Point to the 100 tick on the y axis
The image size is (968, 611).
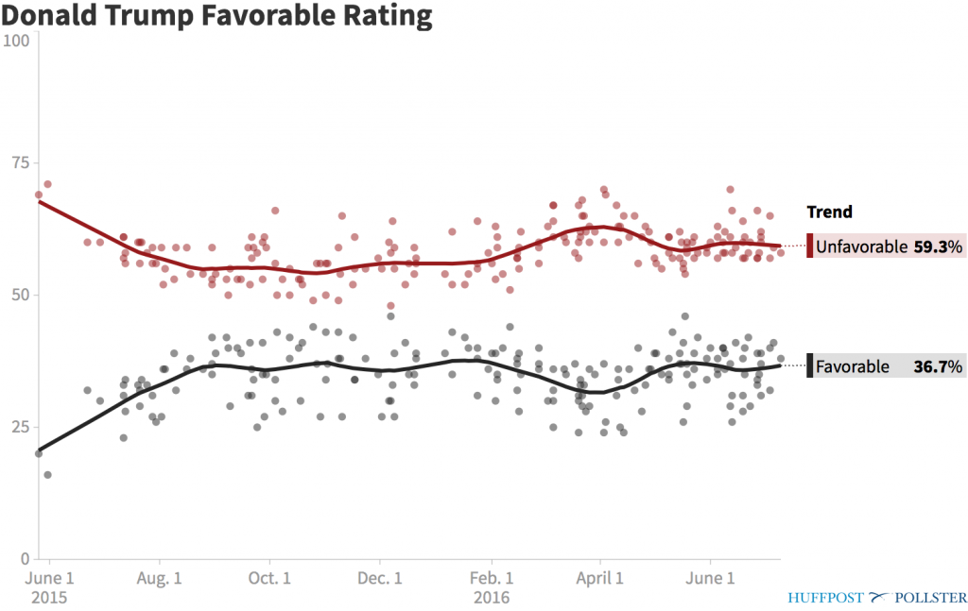pos(18,41)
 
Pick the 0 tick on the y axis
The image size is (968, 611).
pos(26,557)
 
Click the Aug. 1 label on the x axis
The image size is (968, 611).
pos(159,578)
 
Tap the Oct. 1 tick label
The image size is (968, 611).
pos(269,578)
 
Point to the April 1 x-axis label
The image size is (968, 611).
pos(600,578)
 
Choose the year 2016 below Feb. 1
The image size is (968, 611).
pos(491,597)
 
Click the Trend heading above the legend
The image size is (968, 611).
pos(829,212)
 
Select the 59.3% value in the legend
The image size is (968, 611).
pos(941,247)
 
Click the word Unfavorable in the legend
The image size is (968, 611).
pos(859,247)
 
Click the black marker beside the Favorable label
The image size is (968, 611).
pos(809,366)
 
